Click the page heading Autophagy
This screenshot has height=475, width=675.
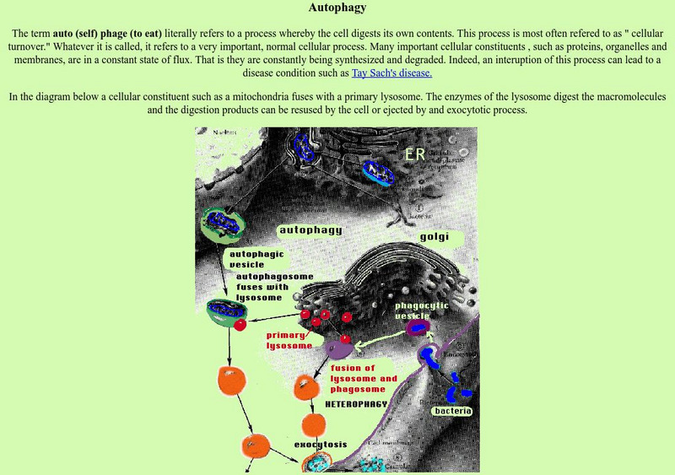point(337,9)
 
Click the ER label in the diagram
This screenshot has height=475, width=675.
point(414,155)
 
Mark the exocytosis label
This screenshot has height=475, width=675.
point(321,444)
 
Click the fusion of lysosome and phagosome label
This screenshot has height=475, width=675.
point(364,379)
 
